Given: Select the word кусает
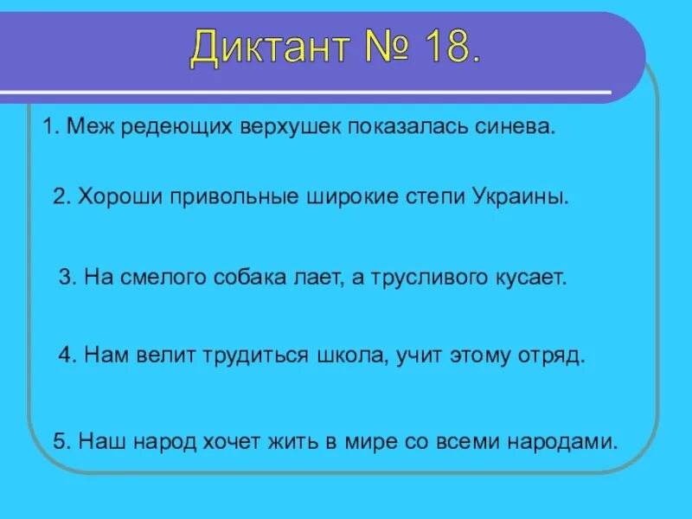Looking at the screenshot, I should click(530, 278).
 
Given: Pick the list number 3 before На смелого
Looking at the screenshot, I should click(65, 278).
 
